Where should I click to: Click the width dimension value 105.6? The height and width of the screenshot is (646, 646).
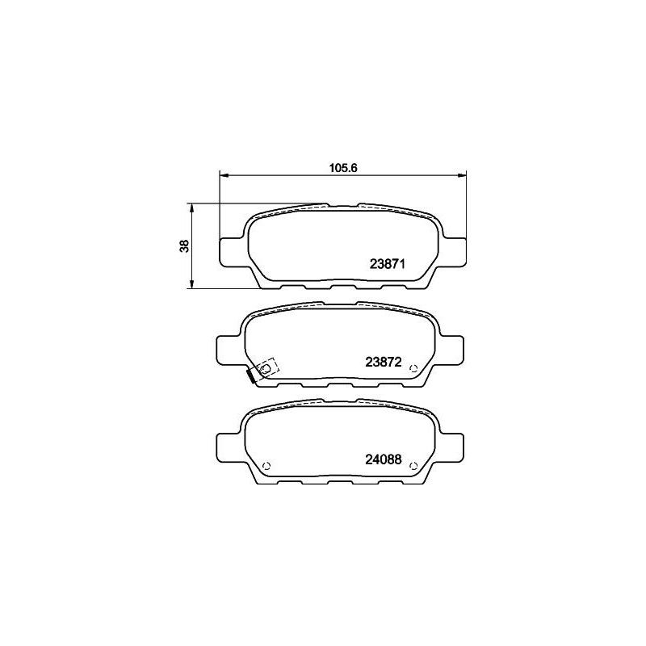click(342, 168)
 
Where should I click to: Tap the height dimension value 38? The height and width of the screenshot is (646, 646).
click(184, 246)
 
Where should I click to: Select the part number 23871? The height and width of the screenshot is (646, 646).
click(388, 264)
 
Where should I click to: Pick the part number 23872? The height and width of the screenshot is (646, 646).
click(383, 362)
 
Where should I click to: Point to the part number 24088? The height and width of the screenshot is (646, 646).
click(383, 459)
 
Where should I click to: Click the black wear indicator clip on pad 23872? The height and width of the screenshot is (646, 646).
click(250, 375)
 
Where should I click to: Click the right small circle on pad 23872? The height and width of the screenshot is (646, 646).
click(414, 368)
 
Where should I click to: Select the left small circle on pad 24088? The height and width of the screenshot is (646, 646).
click(266, 466)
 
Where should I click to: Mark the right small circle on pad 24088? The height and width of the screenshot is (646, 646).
click(414, 466)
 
